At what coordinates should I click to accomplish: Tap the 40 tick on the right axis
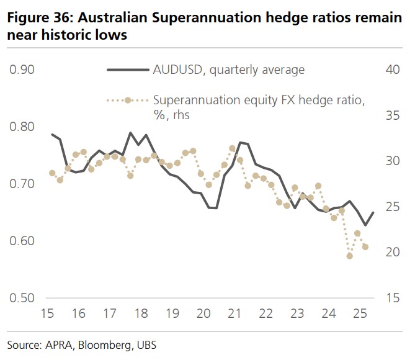(392, 70)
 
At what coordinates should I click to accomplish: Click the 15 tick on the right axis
(392, 298)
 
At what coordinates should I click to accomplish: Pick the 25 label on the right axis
(392, 207)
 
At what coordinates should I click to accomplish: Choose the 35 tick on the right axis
(392, 115)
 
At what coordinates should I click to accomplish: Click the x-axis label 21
(235, 315)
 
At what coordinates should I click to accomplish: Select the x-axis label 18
(140, 315)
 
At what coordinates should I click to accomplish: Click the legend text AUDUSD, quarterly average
(229, 70)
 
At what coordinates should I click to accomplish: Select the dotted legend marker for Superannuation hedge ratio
(128, 100)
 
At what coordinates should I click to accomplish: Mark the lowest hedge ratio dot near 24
(350, 256)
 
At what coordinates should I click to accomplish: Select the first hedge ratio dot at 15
(52, 173)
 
